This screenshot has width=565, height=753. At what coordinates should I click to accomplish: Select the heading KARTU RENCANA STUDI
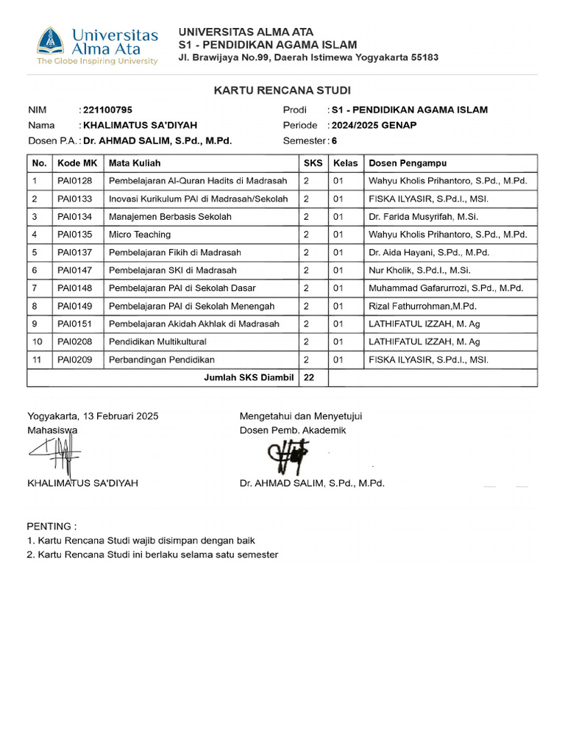282,90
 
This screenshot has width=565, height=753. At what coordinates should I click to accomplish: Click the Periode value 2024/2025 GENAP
374,125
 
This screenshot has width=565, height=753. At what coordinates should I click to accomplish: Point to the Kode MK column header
77,163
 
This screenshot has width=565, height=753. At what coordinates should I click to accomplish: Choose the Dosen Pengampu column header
408,163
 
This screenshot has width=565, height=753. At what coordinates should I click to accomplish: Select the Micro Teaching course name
140,235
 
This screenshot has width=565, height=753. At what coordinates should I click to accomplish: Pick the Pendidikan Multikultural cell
158,342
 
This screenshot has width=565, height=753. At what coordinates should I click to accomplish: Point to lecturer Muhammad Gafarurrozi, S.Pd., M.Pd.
446,288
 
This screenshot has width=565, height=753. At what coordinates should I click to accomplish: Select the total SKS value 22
309,378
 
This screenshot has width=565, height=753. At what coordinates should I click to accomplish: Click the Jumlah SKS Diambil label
249,378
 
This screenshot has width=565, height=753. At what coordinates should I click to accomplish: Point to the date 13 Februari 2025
120,416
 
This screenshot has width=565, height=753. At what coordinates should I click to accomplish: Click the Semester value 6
335,140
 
